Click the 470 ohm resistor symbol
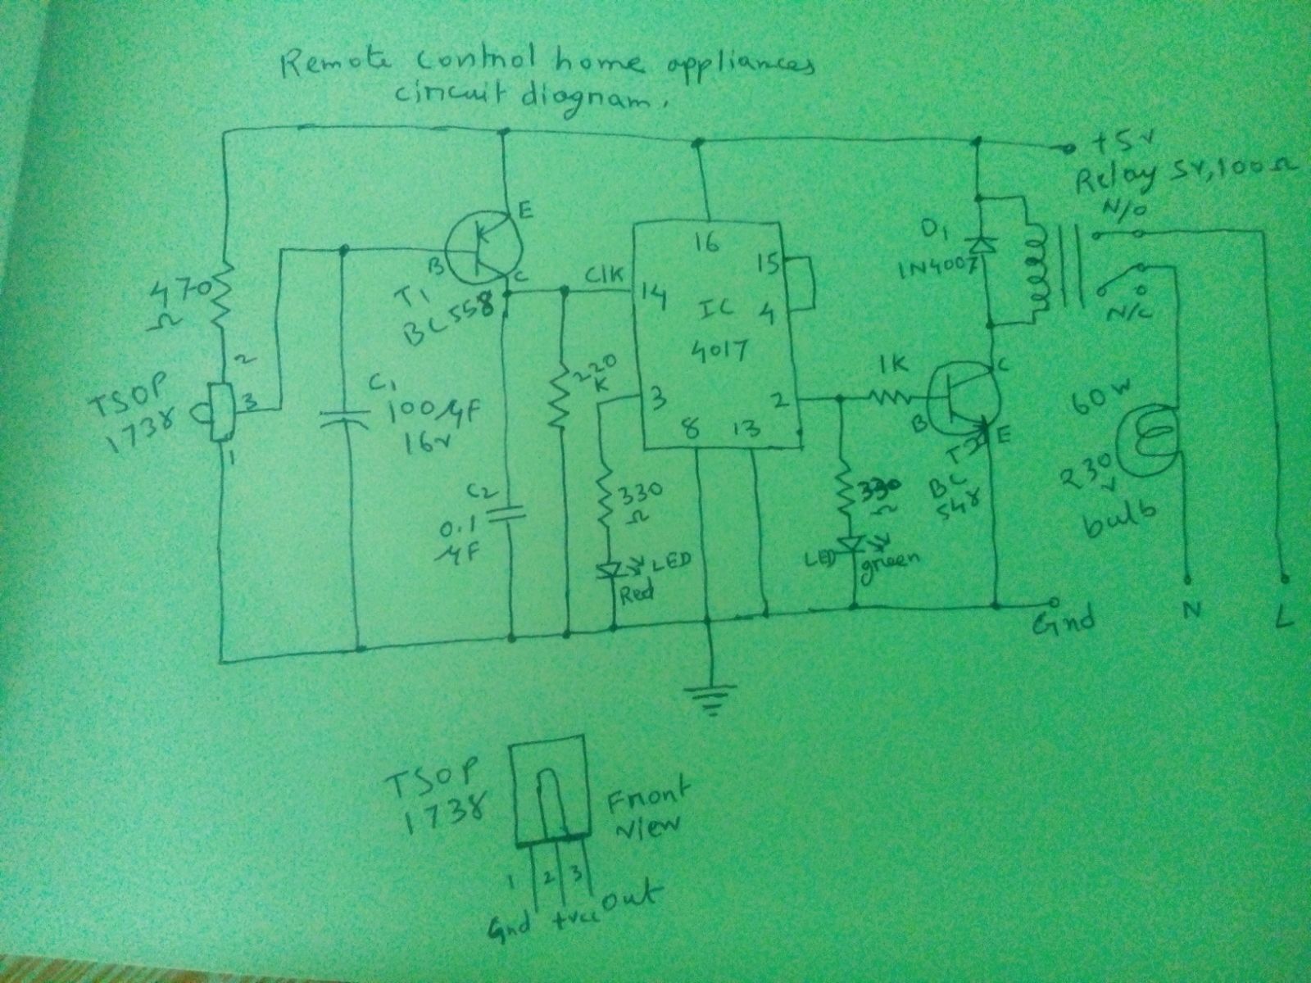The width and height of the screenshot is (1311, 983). [220, 299]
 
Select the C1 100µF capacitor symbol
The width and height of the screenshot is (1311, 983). [345, 419]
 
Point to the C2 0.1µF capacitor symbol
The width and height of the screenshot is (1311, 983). [509, 514]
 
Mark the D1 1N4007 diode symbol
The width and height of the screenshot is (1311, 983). [977, 244]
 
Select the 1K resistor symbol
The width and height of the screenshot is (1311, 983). [889, 398]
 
